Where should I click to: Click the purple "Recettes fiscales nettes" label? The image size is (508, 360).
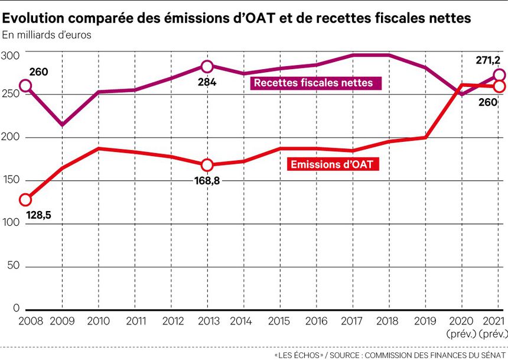tap(313, 83)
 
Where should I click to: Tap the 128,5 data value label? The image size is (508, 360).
tap(36, 216)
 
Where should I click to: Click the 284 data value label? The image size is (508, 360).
tap(207, 82)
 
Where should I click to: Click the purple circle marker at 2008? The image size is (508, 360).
tap(25, 86)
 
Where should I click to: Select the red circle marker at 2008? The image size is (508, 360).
tap(25, 199)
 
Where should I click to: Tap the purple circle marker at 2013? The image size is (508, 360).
tap(207, 66)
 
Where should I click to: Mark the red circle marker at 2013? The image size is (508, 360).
tap(207, 165)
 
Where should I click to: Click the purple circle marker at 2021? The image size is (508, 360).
tap(499, 75)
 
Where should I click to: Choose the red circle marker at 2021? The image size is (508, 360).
tap(499, 86)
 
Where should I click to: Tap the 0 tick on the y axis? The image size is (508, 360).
tap(16, 309)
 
